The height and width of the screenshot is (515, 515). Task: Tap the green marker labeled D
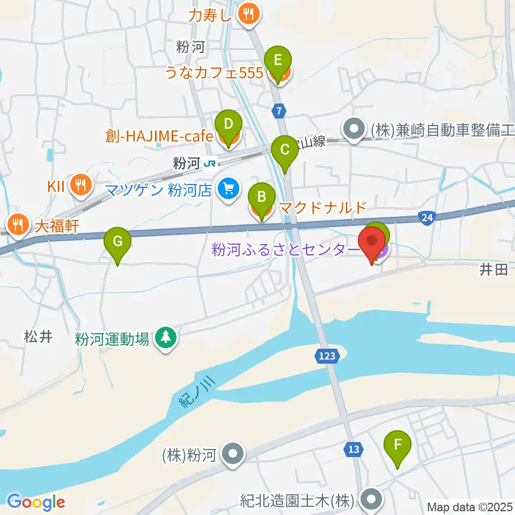click(228, 126)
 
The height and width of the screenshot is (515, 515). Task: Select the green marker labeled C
click(285, 151)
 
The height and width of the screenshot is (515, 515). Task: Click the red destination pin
click(372, 244)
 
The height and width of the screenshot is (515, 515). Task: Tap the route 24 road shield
click(428, 217)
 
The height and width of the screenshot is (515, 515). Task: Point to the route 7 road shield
click(278, 111)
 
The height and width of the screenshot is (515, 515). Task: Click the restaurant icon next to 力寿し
click(248, 12)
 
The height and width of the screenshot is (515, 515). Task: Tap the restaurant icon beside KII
click(81, 185)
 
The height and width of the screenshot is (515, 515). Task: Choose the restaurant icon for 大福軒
click(18, 225)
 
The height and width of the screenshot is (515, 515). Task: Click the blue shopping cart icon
click(229, 189)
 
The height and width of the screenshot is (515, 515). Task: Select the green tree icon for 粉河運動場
click(166, 339)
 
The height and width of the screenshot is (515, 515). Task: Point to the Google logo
click(36, 502)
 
